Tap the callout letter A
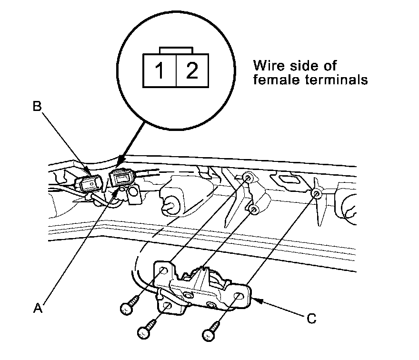pos(38,308)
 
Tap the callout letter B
pos(38,106)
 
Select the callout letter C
pos(310,319)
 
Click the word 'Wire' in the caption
pos(268,65)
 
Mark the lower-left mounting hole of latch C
pos(168,305)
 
